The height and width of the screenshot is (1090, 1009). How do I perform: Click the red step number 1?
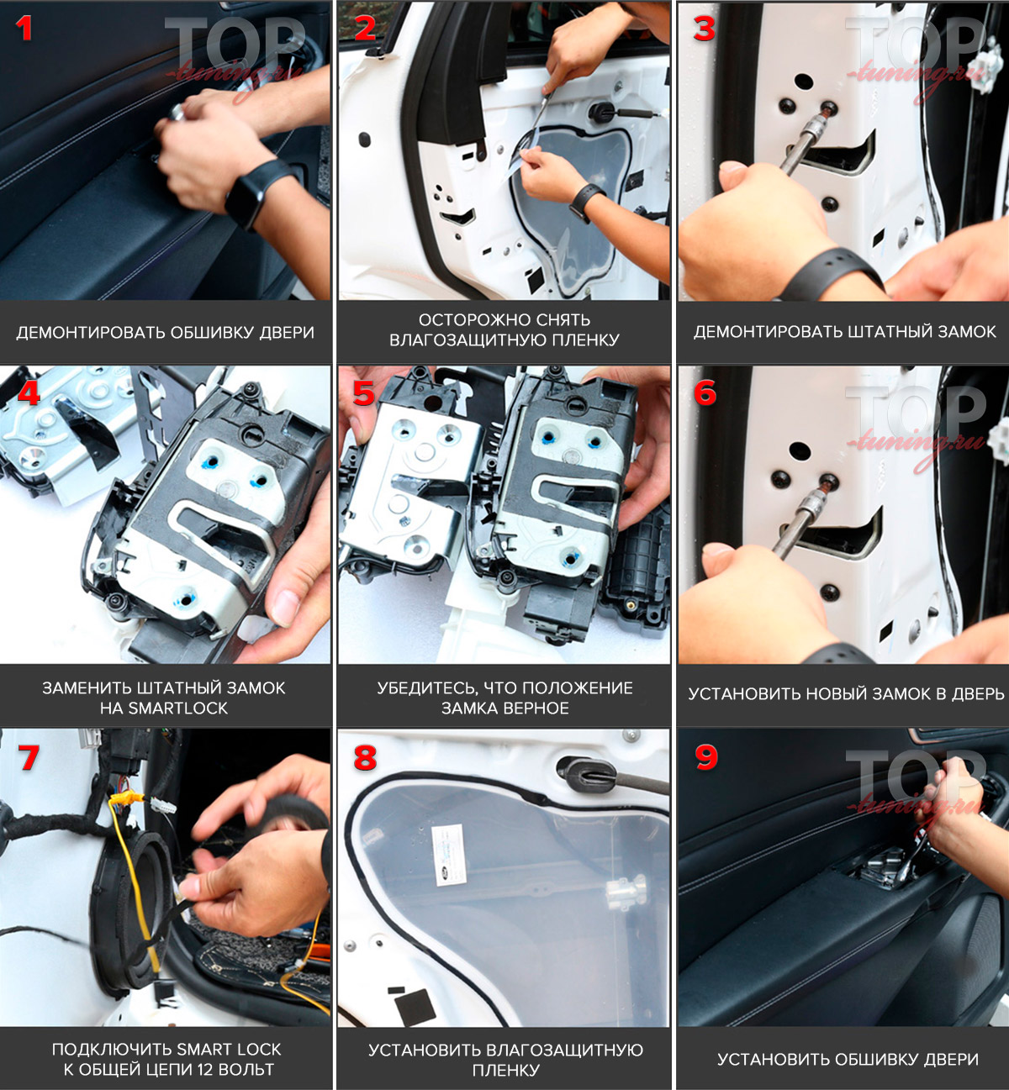(x=24, y=29)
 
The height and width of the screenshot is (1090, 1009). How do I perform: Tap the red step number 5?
(x=364, y=393)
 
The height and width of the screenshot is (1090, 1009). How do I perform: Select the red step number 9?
(x=706, y=758)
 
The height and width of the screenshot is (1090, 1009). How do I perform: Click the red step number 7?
(x=29, y=758)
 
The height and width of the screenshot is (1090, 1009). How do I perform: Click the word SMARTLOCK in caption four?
(x=177, y=708)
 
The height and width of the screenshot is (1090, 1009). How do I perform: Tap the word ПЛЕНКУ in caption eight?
(x=504, y=1071)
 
